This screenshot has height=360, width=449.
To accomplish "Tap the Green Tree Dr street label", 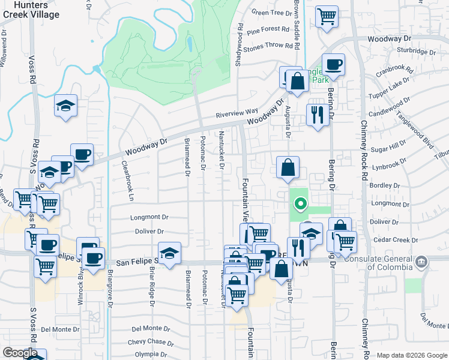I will pyautogui.click(x=271, y=12).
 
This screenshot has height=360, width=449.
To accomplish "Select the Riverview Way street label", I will pyautogui.click(x=237, y=112).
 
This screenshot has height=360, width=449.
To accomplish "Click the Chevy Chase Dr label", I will pyautogui.click(x=151, y=343).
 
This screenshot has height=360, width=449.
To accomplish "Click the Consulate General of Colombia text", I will pyautogui.click(x=385, y=263).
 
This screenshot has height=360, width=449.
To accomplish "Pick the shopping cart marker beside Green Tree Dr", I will pyautogui.click(x=327, y=17).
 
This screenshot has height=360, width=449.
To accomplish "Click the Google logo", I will pyautogui.click(x=20, y=352).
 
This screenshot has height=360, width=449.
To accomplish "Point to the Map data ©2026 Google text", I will pyautogui.click(x=411, y=355).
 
